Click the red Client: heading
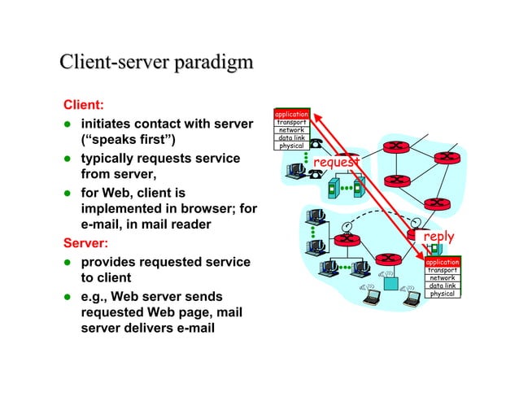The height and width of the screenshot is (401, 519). point(82,106)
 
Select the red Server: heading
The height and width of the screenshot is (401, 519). point(85,242)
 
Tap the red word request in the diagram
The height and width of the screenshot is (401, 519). point(335,163)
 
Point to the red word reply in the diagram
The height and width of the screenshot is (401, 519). point(439,237)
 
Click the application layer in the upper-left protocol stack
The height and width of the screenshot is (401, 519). point(291,115)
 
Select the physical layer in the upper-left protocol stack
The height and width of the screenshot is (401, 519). point(291,146)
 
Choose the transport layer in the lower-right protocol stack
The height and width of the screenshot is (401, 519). point(443,270)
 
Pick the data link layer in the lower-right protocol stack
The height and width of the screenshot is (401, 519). point(443,285)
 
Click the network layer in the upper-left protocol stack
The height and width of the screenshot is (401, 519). point(291,130)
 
